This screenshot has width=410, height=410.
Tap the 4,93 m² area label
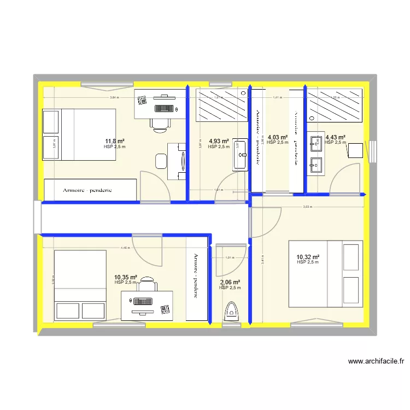point(218,140)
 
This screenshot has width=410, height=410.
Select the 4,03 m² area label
point(277,137)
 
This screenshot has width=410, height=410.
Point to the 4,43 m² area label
point(335,137)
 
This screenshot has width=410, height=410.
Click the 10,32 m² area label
point(308,257)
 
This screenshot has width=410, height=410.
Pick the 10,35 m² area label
point(126,277)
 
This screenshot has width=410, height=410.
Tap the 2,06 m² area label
point(230,282)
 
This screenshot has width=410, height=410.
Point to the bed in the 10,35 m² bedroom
point(80,285)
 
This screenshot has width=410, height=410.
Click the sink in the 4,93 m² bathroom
point(239,155)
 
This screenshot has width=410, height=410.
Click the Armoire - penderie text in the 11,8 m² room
point(87,190)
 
